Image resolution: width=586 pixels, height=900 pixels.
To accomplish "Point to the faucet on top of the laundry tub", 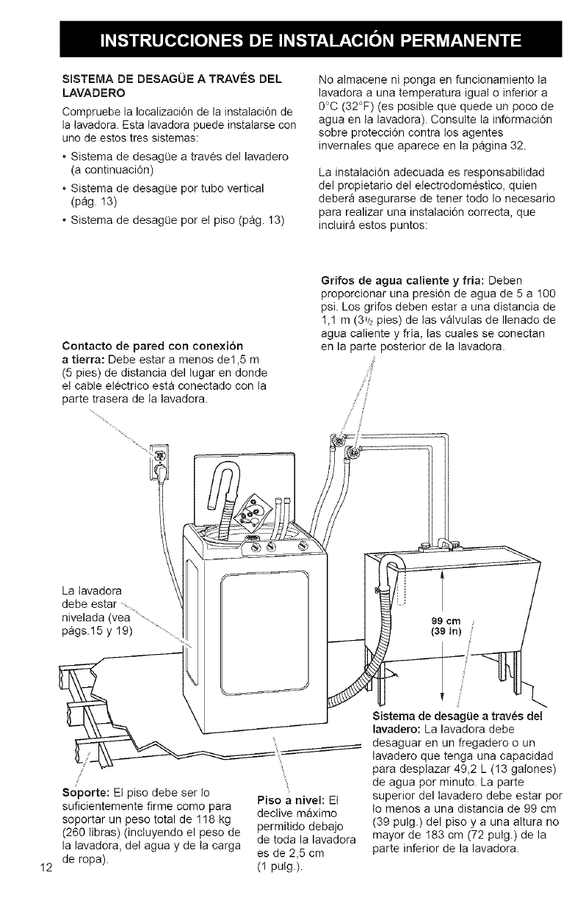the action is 442,544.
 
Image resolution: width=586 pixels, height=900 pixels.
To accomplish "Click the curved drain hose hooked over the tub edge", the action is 385,580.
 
